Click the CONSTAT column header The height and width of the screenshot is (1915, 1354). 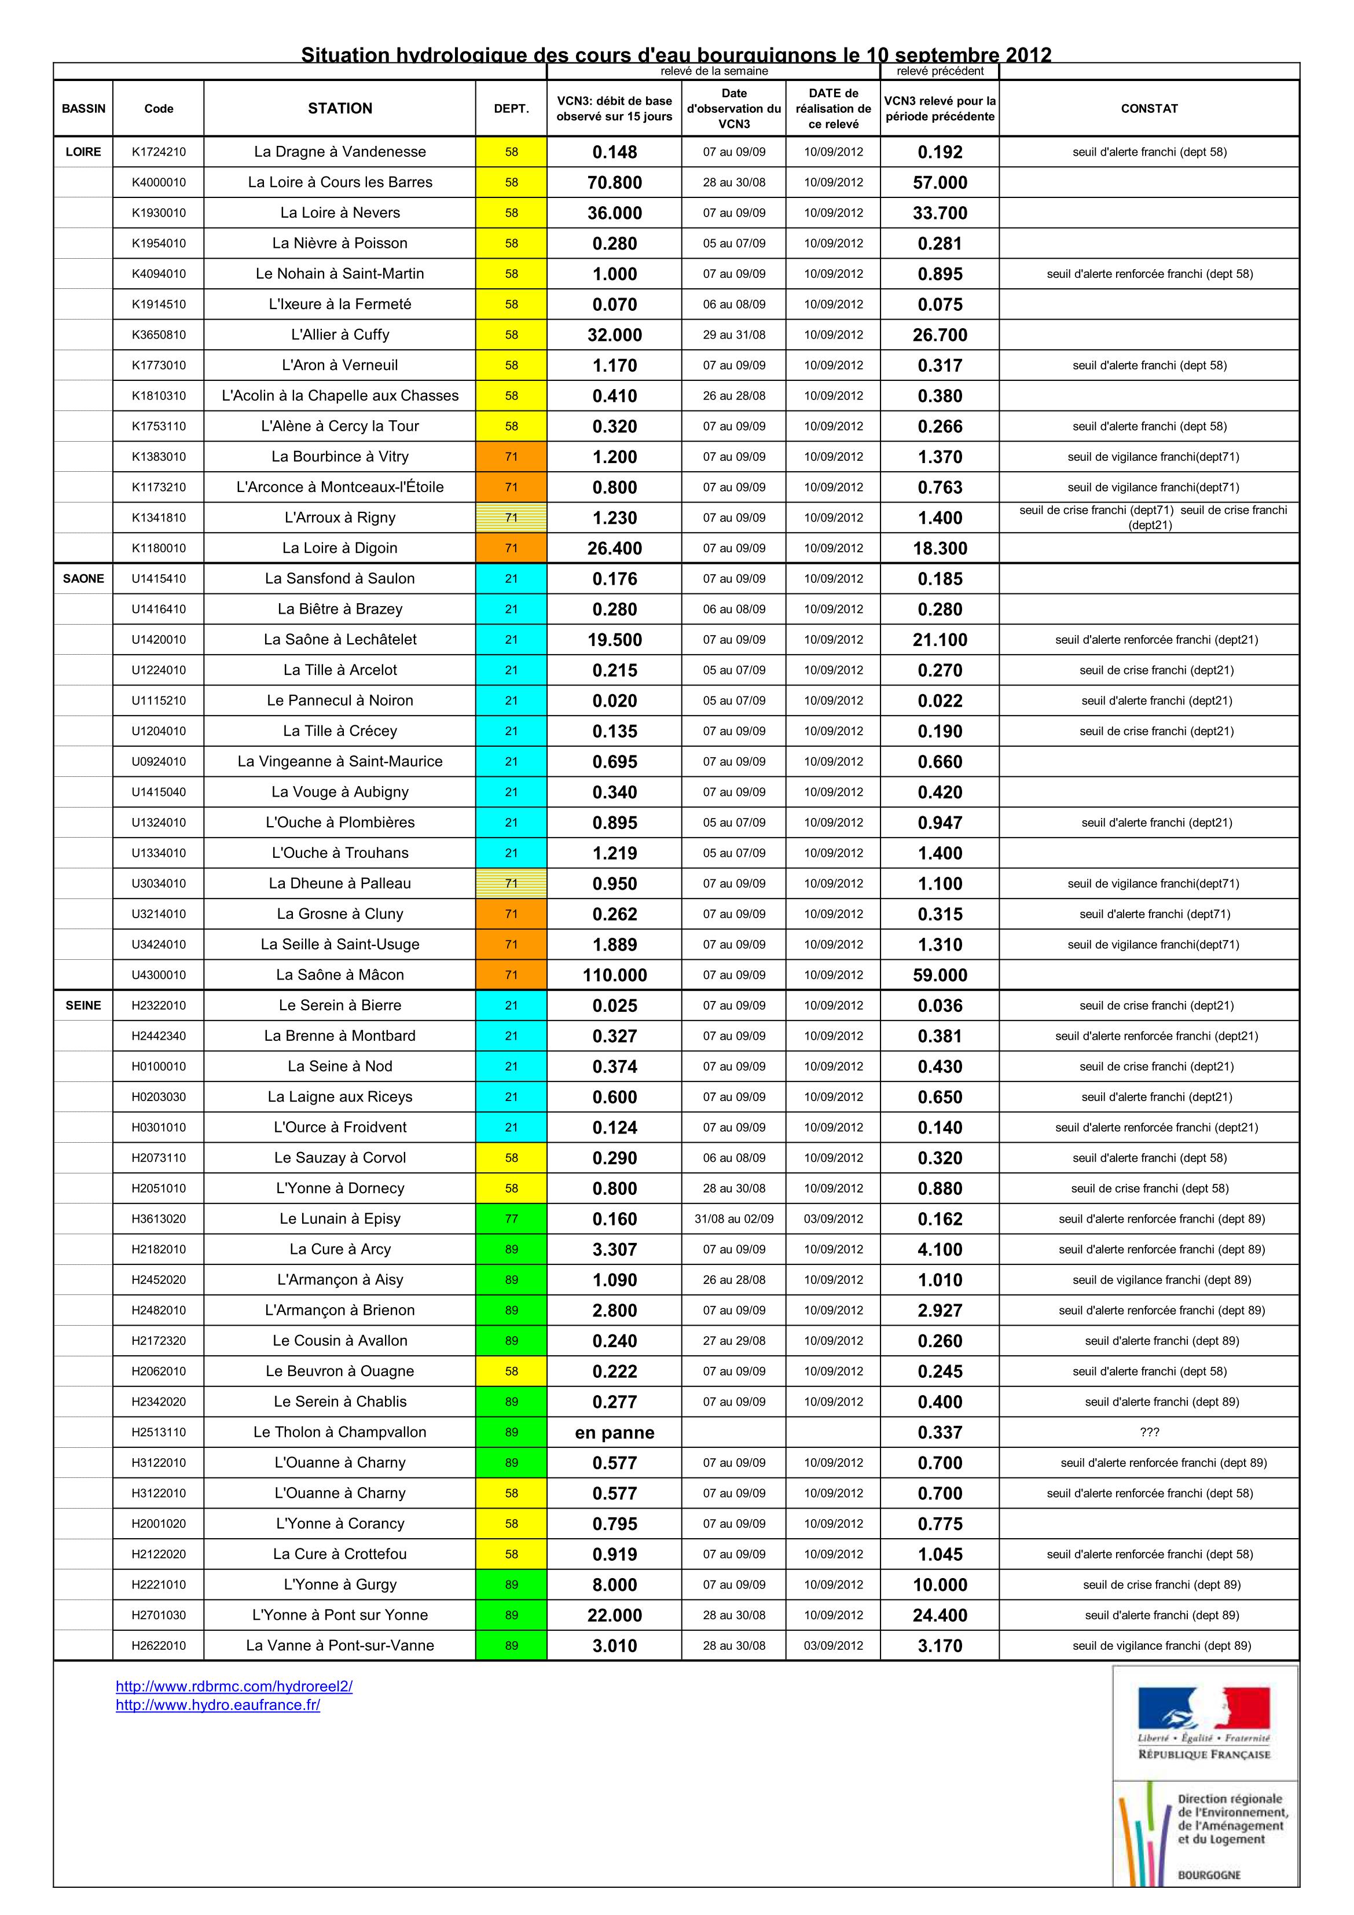tap(1148, 108)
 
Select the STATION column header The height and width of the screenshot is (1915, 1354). tap(340, 108)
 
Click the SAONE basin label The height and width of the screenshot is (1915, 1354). tap(83, 578)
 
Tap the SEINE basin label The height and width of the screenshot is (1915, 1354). tap(83, 1005)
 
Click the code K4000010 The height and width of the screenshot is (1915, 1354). tap(159, 182)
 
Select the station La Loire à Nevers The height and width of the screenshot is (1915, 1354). tap(340, 212)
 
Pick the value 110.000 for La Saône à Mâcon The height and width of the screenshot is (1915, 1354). tap(614, 975)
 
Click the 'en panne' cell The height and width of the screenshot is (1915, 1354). tap(614, 1432)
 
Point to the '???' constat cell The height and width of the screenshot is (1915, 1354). tap(1148, 1432)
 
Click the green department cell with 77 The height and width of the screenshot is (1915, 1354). tap(511, 1219)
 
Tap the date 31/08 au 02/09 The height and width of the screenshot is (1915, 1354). tap(733, 1219)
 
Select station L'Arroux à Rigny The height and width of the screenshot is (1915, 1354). tap(340, 517)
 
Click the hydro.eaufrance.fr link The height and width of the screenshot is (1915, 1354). tap(218, 1705)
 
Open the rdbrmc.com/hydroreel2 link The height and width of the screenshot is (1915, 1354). tap(234, 1686)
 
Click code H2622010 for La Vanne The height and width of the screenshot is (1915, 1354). tap(159, 1646)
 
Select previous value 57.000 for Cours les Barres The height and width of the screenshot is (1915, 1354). tap(940, 182)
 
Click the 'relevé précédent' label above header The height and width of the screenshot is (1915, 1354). tap(940, 71)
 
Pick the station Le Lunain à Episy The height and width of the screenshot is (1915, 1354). tap(340, 1219)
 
